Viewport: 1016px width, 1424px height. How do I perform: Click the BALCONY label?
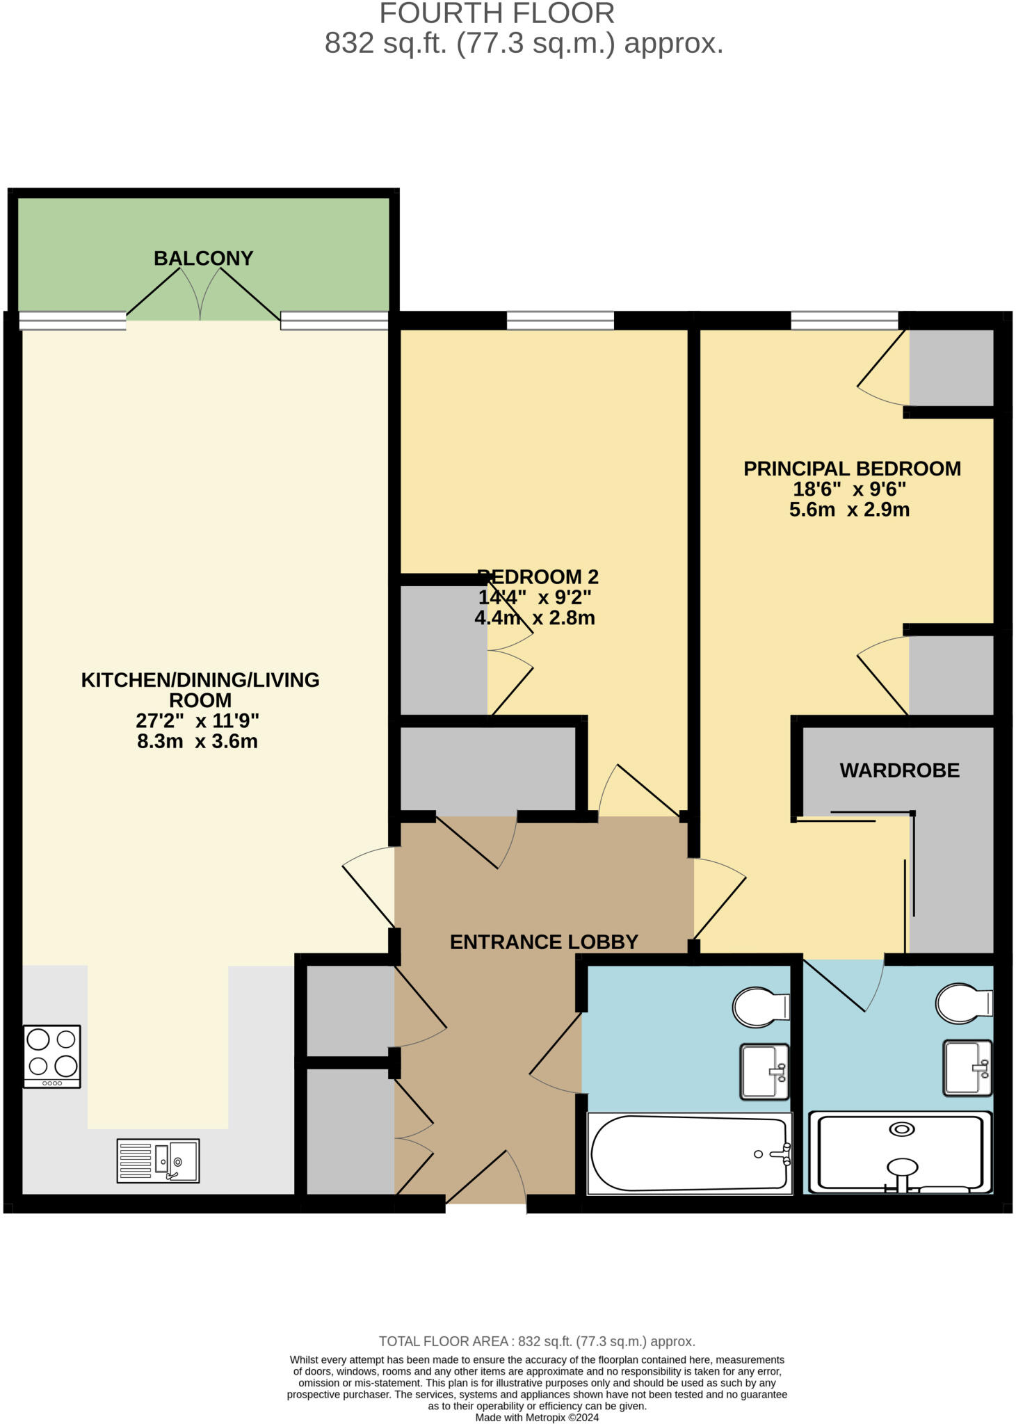coord(203,259)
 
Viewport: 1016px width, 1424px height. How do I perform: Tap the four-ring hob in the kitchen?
coord(51,1055)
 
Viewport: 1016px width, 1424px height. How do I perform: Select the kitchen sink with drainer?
coord(158,1160)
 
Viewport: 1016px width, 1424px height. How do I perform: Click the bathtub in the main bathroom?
coord(689,1153)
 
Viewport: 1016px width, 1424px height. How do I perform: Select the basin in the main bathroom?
coord(764,1071)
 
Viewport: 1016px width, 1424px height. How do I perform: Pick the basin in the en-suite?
coord(967,1067)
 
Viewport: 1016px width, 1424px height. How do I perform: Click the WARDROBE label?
coord(899,770)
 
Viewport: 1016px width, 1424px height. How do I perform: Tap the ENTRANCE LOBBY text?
coord(544,942)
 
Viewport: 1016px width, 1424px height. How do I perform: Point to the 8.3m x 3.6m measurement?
coord(197,741)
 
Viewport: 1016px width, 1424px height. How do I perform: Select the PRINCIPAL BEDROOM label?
coord(852,469)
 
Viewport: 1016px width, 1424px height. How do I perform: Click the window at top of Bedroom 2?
coord(560,321)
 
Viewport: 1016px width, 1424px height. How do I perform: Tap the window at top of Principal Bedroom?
coord(844,321)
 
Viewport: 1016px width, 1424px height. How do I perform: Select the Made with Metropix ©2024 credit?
coord(537,1417)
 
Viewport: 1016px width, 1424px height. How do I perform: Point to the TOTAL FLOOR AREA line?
coord(537,1341)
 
